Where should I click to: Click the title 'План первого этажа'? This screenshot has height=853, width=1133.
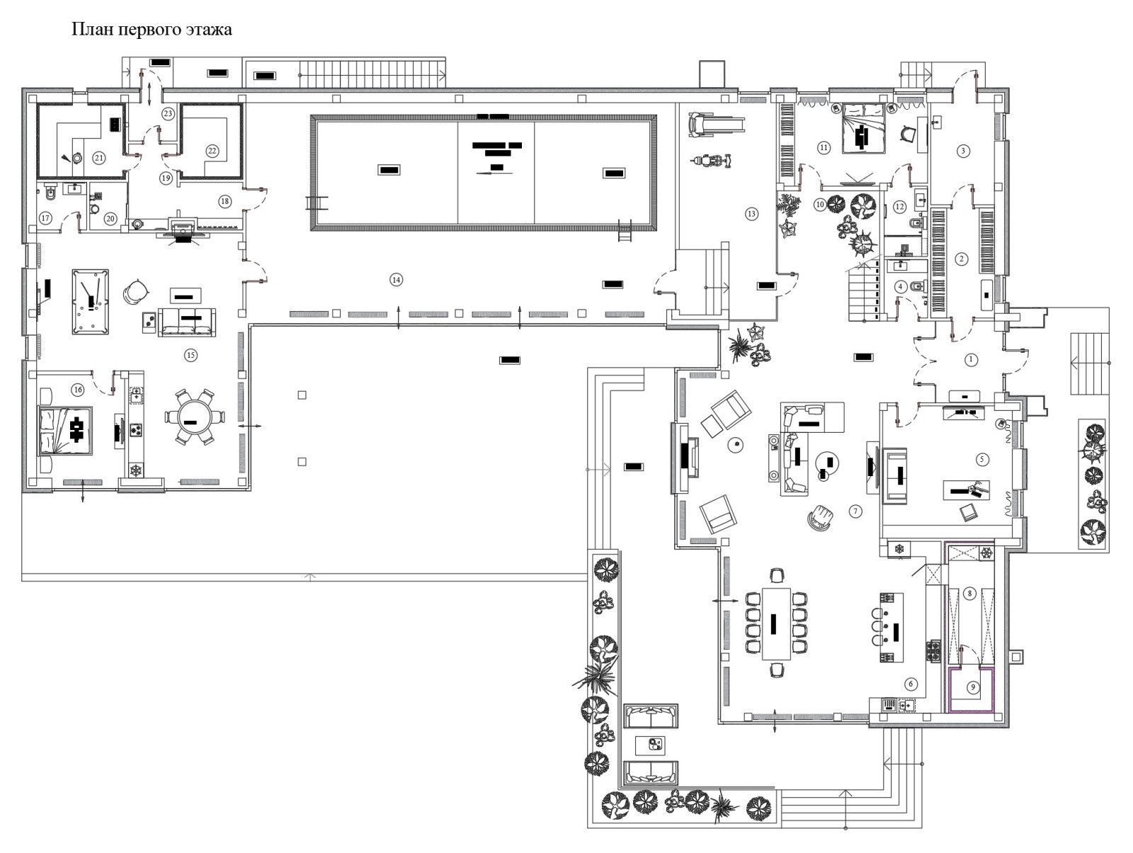click(x=152, y=30)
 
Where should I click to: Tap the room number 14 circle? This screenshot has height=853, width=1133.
click(x=397, y=280)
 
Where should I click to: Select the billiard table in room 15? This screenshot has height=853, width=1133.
click(x=90, y=301)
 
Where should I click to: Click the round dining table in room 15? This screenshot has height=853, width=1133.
click(x=190, y=417)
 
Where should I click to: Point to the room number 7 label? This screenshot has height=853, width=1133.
click(x=855, y=511)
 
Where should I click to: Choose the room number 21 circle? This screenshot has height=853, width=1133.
click(x=99, y=158)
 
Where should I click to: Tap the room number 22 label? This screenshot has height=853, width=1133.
click(x=212, y=150)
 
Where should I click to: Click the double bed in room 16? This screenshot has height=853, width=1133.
click(x=65, y=429)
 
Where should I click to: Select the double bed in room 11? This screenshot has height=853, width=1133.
click(x=862, y=129)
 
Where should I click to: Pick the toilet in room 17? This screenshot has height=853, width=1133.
click(x=48, y=193)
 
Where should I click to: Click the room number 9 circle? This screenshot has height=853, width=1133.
click(x=973, y=687)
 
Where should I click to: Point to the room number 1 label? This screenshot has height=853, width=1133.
click(x=972, y=360)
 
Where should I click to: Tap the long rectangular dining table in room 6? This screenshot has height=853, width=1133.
click(x=776, y=623)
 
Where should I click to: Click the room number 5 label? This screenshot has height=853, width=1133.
click(x=981, y=459)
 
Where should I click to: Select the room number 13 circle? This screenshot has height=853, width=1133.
click(x=751, y=213)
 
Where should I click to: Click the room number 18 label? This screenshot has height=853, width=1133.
click(x=224, y=201)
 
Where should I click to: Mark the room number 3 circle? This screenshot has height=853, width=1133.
click(x=962, y=150)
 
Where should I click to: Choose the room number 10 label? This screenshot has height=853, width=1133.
click(x=820, y=205)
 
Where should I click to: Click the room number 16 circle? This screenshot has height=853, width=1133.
click(x=78, y=390)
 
